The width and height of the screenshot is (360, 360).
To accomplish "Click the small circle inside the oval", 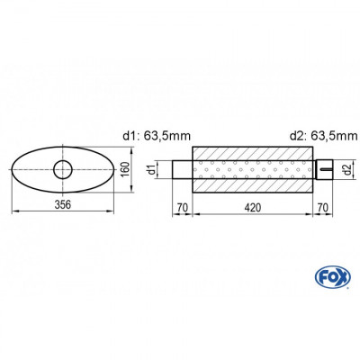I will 64,168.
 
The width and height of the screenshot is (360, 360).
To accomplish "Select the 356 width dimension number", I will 63,203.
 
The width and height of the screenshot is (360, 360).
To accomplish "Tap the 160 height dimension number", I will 126,168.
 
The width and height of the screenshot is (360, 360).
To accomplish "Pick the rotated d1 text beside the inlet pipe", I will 153,168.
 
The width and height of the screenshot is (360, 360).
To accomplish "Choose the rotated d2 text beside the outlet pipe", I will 346,168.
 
